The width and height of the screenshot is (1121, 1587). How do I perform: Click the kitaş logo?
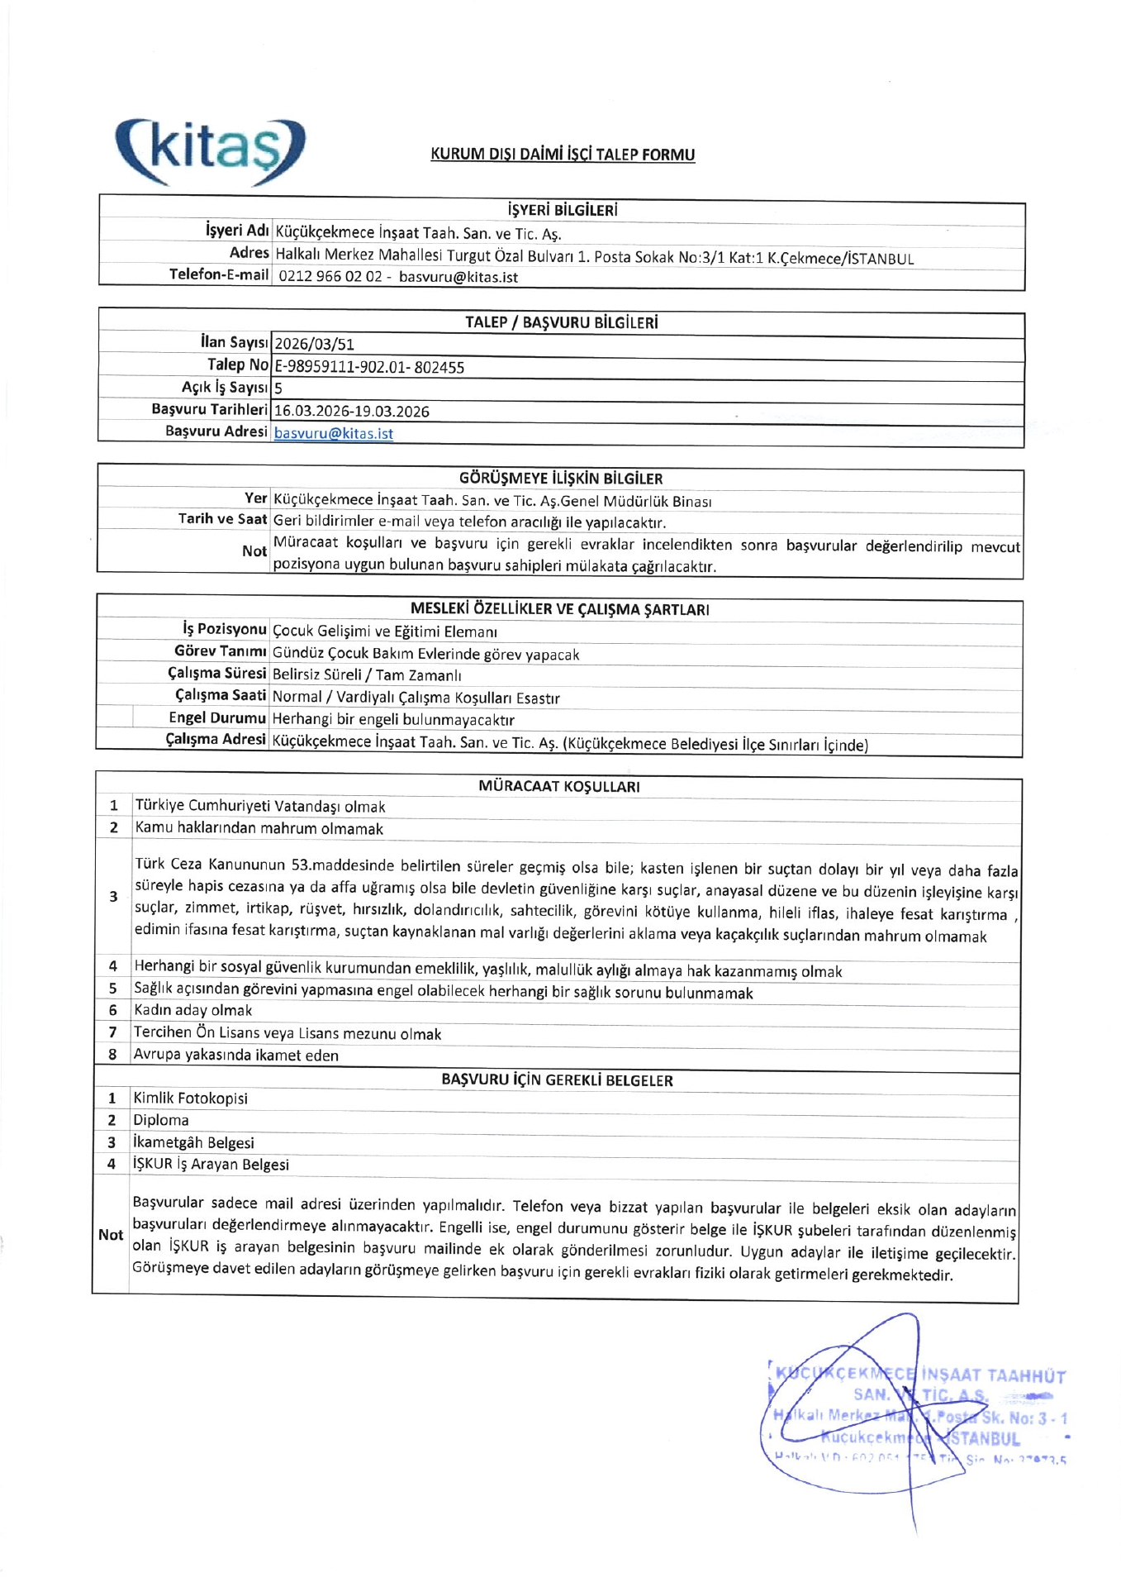coord(210,151)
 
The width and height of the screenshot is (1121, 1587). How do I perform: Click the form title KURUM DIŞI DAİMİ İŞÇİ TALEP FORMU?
coord(563,154)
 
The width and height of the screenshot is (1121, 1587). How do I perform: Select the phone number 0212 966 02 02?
coord(330,277)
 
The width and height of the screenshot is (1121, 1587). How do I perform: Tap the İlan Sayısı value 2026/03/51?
coord(314,344)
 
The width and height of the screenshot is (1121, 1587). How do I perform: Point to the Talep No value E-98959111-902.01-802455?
coord(369,367)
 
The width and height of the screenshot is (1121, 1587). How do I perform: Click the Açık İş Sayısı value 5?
coord(278,388)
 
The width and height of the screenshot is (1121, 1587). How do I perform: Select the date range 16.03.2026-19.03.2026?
coord(352,411)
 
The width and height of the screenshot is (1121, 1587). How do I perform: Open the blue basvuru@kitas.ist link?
coord(334,433)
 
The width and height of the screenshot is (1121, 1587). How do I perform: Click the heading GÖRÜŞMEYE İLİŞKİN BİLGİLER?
coord(561,479)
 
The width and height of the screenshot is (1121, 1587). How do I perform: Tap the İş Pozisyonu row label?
coord(225,629)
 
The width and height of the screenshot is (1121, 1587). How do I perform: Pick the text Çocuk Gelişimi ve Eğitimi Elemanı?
coord(385,631)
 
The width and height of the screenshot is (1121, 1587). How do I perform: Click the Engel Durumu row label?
coord(217,717)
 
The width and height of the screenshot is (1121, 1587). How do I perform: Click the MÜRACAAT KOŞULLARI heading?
coord(559,786)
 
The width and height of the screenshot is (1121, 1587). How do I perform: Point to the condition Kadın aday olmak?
coord(193,1010)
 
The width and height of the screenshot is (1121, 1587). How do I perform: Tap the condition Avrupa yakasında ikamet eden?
coord(236,1055)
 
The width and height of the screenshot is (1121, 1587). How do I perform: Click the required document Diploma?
coord(161,1120)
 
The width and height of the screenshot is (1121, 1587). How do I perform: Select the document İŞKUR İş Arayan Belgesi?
coord(211,1164)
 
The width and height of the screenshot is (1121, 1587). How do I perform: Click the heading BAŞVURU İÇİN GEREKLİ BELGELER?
coord(558,1079)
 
